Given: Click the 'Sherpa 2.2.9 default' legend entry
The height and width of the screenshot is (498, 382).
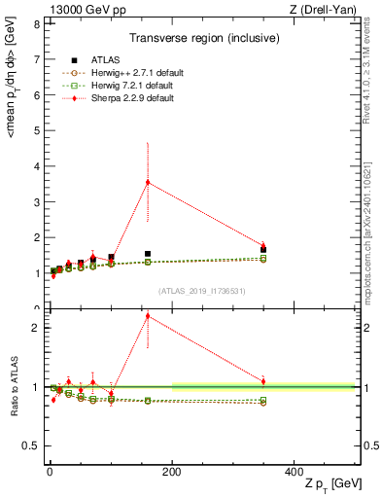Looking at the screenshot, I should coord(132,95).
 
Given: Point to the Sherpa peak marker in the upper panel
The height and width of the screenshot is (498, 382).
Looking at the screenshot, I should coord(148,182).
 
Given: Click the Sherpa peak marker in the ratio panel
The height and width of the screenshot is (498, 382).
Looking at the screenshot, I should coord(148,315).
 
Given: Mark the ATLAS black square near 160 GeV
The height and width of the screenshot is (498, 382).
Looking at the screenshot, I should coord(148,254).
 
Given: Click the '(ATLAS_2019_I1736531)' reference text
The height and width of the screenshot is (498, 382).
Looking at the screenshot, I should coord(202,291).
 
